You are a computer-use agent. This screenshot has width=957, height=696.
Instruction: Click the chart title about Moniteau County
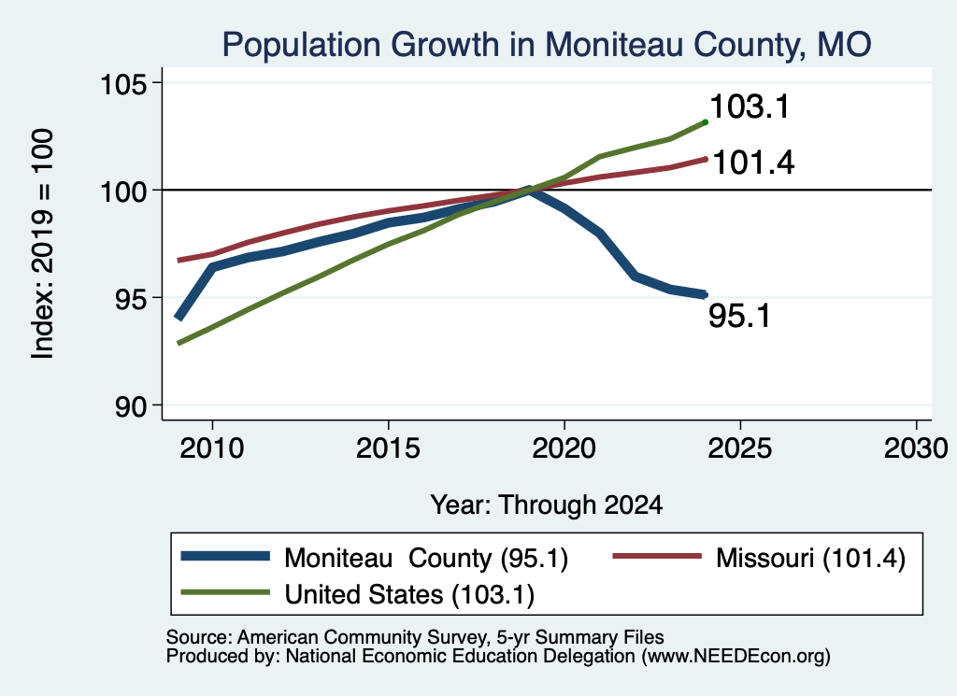click(x=546, y=45)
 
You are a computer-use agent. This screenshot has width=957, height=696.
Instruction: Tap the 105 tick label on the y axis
click(x=124, y=83)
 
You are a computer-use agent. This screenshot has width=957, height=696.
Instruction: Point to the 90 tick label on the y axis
click(x=131, y=406)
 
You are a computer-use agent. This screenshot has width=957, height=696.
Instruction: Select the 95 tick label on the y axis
click(x=131, y=298)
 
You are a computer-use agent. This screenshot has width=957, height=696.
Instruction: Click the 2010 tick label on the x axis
click(x=212, y=448)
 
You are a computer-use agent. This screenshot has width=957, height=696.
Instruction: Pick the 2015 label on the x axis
click(x=388, y=448)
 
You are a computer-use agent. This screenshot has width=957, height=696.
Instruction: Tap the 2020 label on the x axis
click(x=564, y=448)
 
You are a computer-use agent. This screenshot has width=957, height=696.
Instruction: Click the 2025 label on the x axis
click(x=740, y=448)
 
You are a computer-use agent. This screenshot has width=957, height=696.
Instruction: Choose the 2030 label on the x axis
click(x=916, y=448)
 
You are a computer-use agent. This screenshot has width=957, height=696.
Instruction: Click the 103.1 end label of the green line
click(x=750, y=107)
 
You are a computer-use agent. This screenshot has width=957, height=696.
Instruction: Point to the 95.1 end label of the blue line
click(x=740, y=316)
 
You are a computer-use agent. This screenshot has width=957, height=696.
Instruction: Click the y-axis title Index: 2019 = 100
click(x=43, y=244)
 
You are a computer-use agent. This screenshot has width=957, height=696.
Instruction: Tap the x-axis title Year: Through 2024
click(x=546, y=505)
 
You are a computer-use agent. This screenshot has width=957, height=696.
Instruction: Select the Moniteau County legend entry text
click(x=426, y=558)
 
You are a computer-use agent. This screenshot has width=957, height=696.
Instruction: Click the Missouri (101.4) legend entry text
click(x=810, y=558)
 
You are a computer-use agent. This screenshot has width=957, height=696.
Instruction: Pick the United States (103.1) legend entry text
click(x=409, y=595)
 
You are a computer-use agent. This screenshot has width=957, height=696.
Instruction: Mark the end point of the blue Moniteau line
click(x=705, y=294)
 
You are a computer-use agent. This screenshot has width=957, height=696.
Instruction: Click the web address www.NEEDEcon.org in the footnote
click(x=736, y=657)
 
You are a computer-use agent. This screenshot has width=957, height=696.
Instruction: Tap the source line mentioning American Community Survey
click(x=415, y=637)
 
